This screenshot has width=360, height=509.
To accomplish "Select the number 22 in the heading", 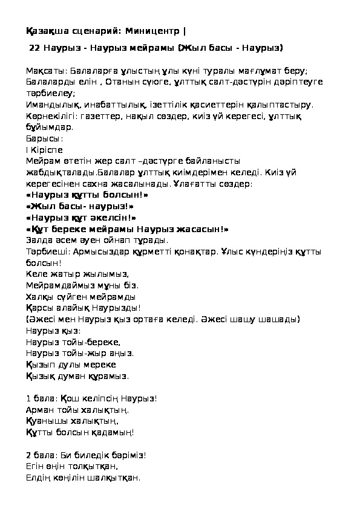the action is [34, 46].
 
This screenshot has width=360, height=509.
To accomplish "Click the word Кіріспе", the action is [47, 149].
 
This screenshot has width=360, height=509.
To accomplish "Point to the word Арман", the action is [39, 410].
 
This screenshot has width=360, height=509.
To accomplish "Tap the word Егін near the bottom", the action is [35, 466].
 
